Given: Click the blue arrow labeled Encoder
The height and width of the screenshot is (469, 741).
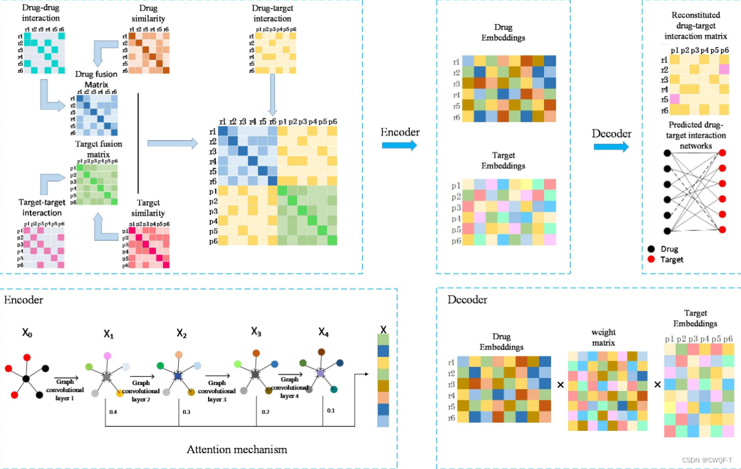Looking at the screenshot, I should pos(399,145).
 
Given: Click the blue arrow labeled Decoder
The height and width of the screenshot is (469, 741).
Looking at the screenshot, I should pos(611,145).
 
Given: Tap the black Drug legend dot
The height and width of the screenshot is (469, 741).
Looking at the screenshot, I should pos(651,249).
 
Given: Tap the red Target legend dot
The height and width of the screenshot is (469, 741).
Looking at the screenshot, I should pos(651,259).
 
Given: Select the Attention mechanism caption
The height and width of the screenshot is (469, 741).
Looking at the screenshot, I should pos(236,450).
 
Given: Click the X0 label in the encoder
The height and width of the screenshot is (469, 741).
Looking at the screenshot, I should pos(27,333).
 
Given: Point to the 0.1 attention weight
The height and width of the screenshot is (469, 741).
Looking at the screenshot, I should pos(329,410).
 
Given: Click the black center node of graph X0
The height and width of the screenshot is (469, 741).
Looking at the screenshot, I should pos(26,380).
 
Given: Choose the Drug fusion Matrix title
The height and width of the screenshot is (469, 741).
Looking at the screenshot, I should pos(96,79).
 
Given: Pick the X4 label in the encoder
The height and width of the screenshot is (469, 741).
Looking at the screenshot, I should pos(323,333).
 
